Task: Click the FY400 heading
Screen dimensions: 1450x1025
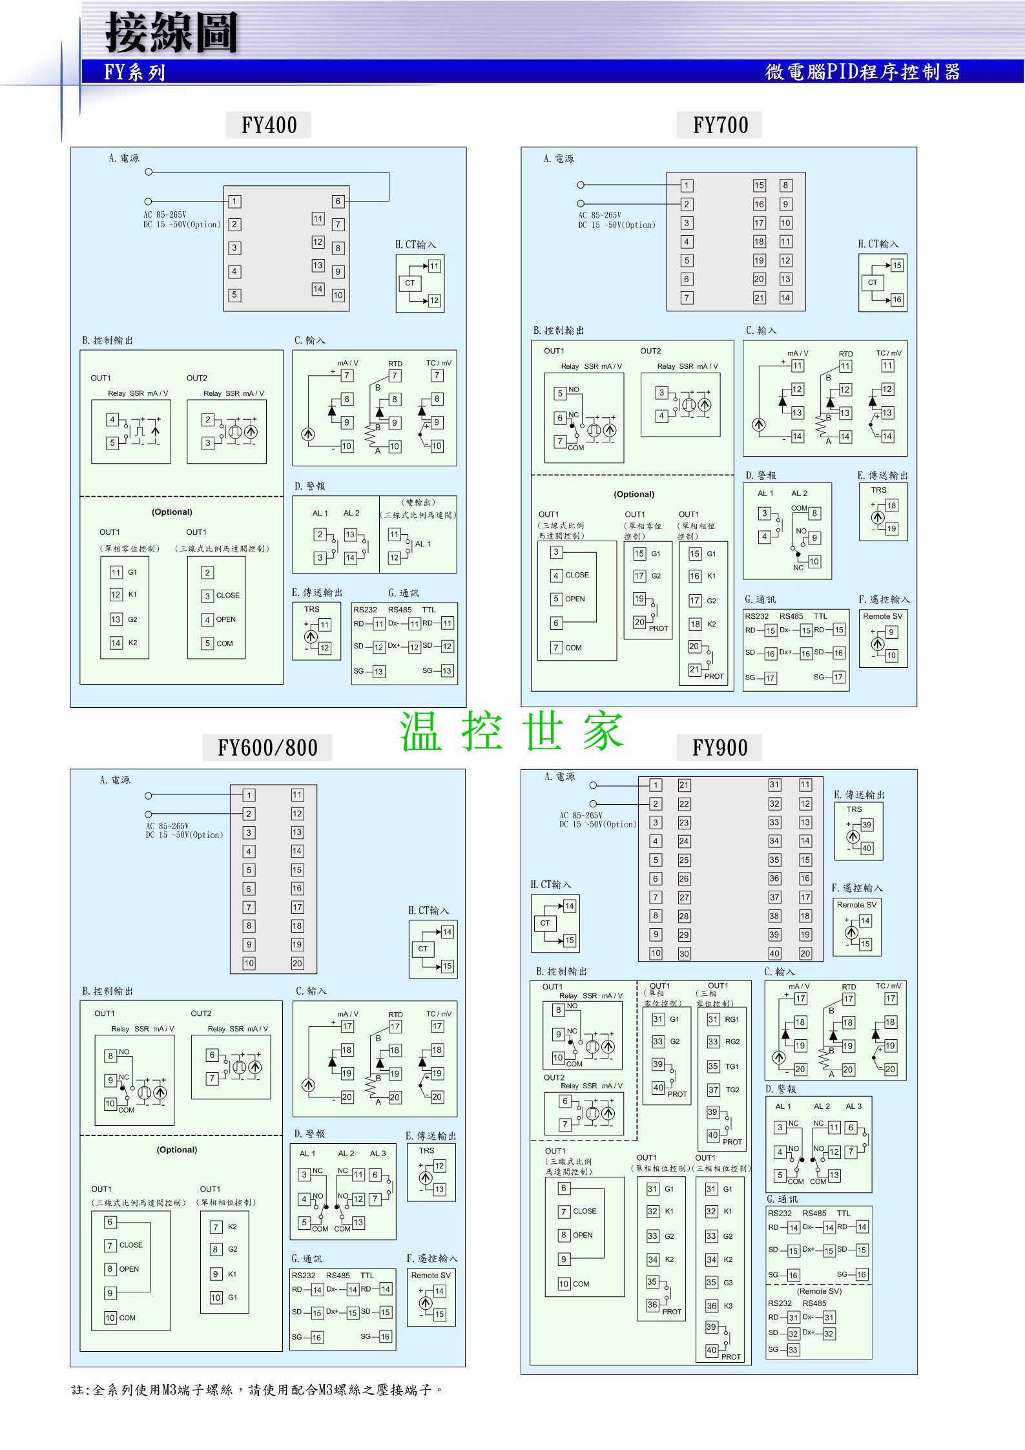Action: coord(269,125)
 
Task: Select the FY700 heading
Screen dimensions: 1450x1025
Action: coord(720,125)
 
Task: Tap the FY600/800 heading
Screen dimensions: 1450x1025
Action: coord(267,747)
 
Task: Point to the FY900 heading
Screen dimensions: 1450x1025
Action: coord(720,747)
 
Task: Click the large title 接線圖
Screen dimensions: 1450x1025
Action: coord(172,32)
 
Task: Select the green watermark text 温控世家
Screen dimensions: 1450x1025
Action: coord(511,731)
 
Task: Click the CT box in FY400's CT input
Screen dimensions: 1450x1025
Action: coord(409,283)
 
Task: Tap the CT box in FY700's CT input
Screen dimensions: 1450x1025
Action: coord(872,282)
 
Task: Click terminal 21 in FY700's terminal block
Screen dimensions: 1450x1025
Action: coord(759,298)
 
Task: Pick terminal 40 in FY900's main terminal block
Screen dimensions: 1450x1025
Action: coord(774,953)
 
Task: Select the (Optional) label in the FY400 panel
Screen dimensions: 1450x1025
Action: coord(172,512)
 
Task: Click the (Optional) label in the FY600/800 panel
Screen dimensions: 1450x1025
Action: coord(177,1150)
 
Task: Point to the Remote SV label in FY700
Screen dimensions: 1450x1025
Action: coord(882,616)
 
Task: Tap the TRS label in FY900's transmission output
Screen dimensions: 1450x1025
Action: coord(854,809)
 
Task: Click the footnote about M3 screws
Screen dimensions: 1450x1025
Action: coord(257,1390)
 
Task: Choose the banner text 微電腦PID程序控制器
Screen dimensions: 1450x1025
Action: coord(862,72)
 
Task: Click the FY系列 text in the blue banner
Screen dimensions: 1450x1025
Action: coord(135,72)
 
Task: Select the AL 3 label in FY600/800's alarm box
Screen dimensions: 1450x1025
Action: coord(378,1154)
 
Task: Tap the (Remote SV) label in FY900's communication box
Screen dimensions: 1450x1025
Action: coord(819,1291)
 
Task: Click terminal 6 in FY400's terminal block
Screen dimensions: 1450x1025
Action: coord(337,201)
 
